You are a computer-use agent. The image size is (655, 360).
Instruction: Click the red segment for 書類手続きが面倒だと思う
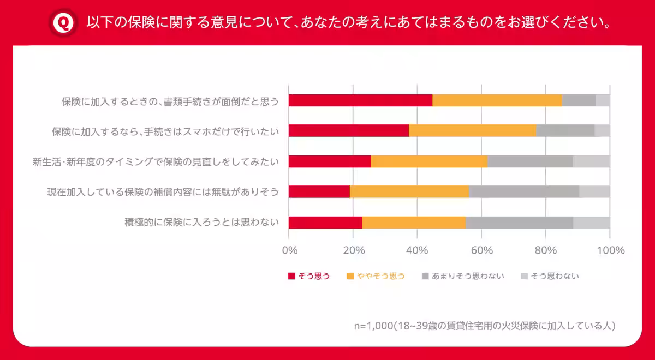click(x=360, y=100)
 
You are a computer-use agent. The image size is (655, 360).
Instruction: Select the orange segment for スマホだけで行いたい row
click(x=472, y=131)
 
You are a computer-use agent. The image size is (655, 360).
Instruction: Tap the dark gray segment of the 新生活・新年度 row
click(x=529, y=161)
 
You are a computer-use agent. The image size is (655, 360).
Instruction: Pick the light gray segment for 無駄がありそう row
click(x=594, y=192)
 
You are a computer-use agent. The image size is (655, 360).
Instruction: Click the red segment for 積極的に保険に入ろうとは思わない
click(x=325, y=223)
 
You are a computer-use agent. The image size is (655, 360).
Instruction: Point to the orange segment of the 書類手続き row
click(x=497, y=100)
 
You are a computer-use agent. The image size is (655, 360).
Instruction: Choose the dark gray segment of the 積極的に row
click(x=519, y=223)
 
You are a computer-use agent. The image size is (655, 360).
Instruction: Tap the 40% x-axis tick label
click(x=418, y=250)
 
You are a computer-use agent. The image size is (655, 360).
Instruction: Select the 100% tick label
click(x=611, y=250)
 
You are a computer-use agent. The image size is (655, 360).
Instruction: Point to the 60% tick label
click(x=482, y=250)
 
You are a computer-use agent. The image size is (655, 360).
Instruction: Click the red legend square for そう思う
click(x=291, y=276)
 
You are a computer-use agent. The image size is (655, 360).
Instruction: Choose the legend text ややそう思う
click(x=381, y=276)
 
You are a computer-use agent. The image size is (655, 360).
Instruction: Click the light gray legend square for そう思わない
click(x=525, y=276)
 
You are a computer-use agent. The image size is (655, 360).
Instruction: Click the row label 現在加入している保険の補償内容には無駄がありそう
click(x=163, y=192)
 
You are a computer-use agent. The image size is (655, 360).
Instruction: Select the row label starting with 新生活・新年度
click(x=156, y=161)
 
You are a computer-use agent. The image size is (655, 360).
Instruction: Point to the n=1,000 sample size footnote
click(x=485, y=326)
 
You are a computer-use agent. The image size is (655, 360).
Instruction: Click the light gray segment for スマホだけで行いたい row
click(x=602, y=131)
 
